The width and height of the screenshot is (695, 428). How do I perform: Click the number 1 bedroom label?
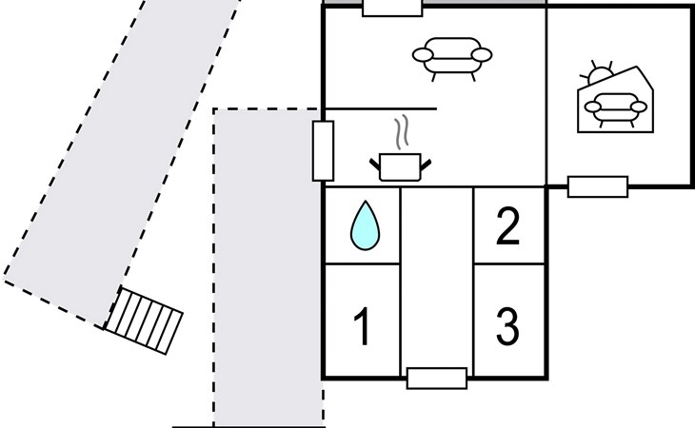pos(362,327)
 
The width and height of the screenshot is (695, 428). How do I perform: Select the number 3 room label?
pos(508,327)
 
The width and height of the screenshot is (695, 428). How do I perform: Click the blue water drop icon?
pos(363,226)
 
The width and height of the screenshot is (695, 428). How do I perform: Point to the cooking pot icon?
pos(400,165)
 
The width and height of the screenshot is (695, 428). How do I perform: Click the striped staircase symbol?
pos(144,320)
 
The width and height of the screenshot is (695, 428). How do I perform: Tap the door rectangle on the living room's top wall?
pos(392,8)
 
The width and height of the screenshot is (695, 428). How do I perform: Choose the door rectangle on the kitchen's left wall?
pos(324,151)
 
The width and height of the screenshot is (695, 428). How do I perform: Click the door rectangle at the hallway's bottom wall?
pos(437,378)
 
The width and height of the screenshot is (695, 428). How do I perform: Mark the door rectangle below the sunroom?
pos(597,186)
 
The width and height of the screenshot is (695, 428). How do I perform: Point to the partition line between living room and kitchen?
pos(381,109)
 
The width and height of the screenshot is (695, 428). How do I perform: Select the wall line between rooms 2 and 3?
pos(509,263)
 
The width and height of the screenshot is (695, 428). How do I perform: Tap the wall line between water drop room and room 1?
pos(362,263)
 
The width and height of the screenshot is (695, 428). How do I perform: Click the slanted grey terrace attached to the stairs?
pos(124,162)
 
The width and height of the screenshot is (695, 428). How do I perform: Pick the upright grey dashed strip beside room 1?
pos(268,285)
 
